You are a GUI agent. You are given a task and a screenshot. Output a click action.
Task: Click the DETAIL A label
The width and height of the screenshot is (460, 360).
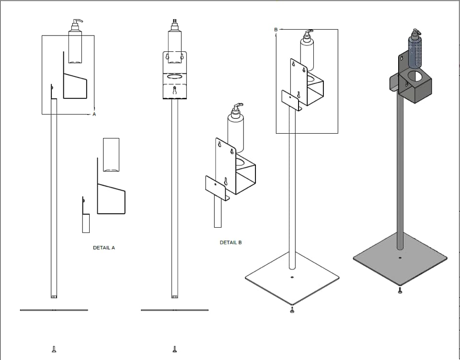[103, 248]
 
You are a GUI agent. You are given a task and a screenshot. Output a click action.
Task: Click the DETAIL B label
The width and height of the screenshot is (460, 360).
[230, 243]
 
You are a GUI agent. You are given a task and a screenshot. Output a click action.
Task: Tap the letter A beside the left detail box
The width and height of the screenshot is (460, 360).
[94, 115]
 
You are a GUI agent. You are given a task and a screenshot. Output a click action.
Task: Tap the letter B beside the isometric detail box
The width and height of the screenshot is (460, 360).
[276, 30]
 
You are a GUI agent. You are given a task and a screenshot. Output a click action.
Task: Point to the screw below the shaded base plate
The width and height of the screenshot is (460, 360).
[400, 290]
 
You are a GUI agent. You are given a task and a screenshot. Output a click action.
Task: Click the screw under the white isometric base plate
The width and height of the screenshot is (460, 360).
[292, 311]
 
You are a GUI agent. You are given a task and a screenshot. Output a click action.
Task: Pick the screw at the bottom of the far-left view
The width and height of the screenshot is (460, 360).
[54, 349]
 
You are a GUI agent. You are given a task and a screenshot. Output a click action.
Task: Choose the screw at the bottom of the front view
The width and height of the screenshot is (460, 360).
[175, 349]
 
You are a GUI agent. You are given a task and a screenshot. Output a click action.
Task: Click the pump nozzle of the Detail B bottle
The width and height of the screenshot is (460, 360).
[238, 105]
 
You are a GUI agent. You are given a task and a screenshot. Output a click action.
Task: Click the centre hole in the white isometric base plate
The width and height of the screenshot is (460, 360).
[292, 277]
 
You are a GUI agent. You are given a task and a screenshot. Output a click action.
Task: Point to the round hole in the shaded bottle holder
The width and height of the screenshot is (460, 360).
[414, 76]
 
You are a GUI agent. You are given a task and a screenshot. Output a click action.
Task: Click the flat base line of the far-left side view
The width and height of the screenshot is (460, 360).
[54, 310]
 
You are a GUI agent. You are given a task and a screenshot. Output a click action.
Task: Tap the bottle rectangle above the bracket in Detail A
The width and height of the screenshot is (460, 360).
[111, 154]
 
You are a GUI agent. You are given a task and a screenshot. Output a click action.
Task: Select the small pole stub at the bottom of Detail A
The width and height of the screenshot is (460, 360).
[86, 223]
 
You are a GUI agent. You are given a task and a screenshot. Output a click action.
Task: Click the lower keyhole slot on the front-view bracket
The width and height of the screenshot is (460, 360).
[175, 91]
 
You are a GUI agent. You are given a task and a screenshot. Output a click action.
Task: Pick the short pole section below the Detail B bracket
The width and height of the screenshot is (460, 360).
[218, 213]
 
